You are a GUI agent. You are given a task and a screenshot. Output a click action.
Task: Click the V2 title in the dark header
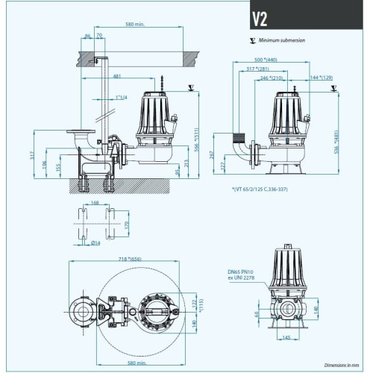pyautogui.click(x=259, y=19)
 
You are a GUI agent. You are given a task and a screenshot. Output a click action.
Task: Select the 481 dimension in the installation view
pyautogui.click(x=117, y=75)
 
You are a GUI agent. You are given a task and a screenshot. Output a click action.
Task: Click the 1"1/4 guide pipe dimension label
pyautogui.click(x=122, y=97)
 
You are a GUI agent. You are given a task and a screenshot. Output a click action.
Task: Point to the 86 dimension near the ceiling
pyautogui.click(x=88, y=37)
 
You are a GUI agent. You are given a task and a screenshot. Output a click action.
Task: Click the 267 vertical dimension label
pyautogui.click(x=214, y=158)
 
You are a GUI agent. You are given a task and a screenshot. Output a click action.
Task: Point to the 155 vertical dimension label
pyautogui.click(x=56, y=169)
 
